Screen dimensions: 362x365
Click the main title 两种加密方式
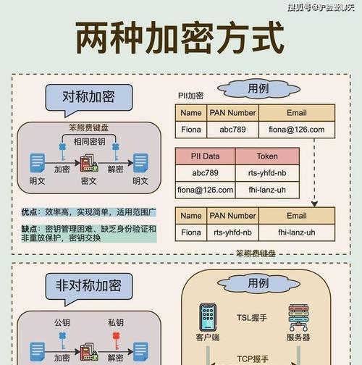tap(180, 38)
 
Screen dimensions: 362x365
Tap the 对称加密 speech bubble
tap(89, 98)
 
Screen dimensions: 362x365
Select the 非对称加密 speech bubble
tap(89, 287)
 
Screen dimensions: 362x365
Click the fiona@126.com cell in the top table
tap(297, 130)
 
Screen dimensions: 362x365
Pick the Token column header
tap(267, 156)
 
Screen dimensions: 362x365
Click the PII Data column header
tap(205, 156)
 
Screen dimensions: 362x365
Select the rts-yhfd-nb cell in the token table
tap(267, 173)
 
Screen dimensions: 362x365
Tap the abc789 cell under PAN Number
tap(232, 130)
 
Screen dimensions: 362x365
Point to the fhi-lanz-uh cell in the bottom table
tap(297, 232)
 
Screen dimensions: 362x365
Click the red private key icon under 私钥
tap(116, 340)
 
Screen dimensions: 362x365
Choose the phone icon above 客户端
tap(208, 317)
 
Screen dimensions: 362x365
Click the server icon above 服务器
tap(298, 317)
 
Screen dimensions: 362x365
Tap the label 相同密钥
tap(89, 141)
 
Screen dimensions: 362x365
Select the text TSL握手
tap(252, 318)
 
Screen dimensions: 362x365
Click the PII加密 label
tap(190, 96)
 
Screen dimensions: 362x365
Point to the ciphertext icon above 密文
tap(89, 163)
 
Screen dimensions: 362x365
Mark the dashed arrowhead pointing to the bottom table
tap(314, 204)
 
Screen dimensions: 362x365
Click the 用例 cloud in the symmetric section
tap(258, 89)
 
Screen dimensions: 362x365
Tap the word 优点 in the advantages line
tap(29, 212)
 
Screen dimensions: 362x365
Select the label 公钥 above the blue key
tap(62, 322)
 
